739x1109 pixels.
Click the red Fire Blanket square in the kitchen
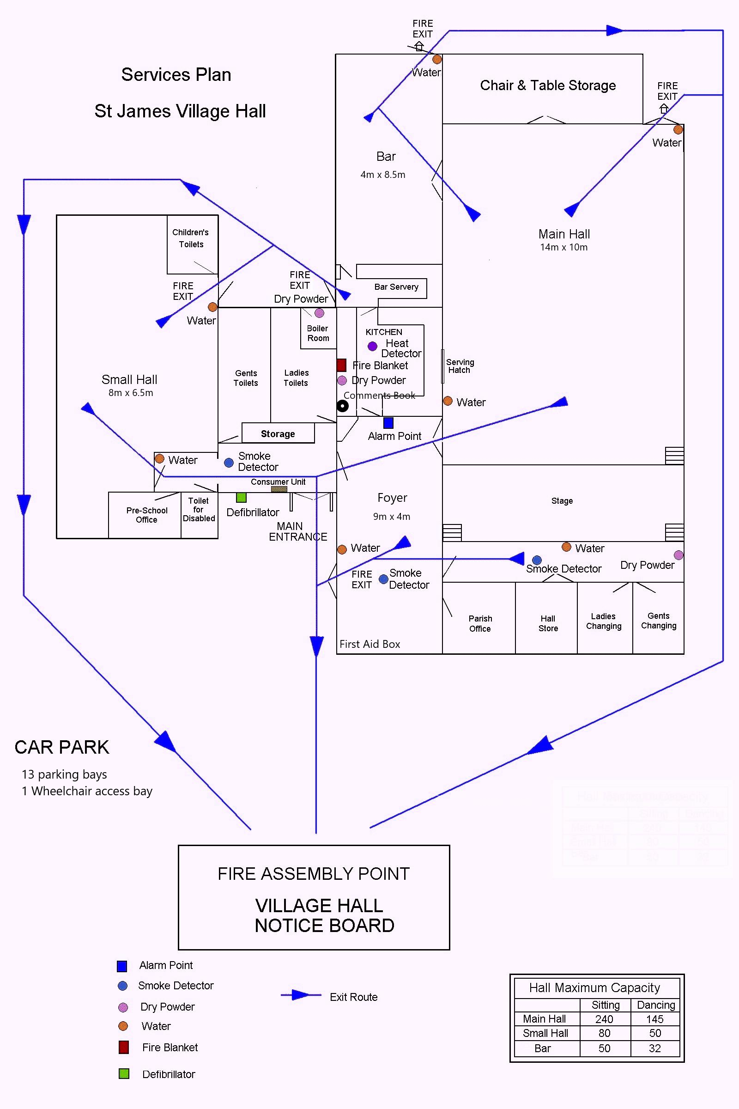[x=341, y=365]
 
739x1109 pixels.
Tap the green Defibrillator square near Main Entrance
[x=241, y=497]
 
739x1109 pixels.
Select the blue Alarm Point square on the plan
[x=388, y=422]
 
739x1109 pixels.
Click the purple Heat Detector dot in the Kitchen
[x=372, y=347]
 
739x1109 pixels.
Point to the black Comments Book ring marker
[x=343, y=406]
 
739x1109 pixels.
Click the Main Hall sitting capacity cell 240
[x=604, y=1019]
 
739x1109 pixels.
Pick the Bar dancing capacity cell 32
[x=654, y=1048]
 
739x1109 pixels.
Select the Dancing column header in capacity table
[x=655, y=1005]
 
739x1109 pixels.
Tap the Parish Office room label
[x=480, y=623]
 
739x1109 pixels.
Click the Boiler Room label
[x=318, y=333]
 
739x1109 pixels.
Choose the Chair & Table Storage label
[x=548, y=85]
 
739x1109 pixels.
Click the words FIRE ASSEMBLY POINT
[x=314, y=874]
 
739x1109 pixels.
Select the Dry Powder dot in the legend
[x=123, y=1007]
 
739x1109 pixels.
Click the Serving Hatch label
[x=460, y=366]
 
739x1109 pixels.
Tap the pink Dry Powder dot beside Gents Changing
[x=678, y=554]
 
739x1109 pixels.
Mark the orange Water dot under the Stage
[x=567, y=547]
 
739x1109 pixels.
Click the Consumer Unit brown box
[x=279, y=489]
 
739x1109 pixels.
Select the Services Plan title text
[x=176, y=74]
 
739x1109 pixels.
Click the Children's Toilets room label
[x=191, y=238]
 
